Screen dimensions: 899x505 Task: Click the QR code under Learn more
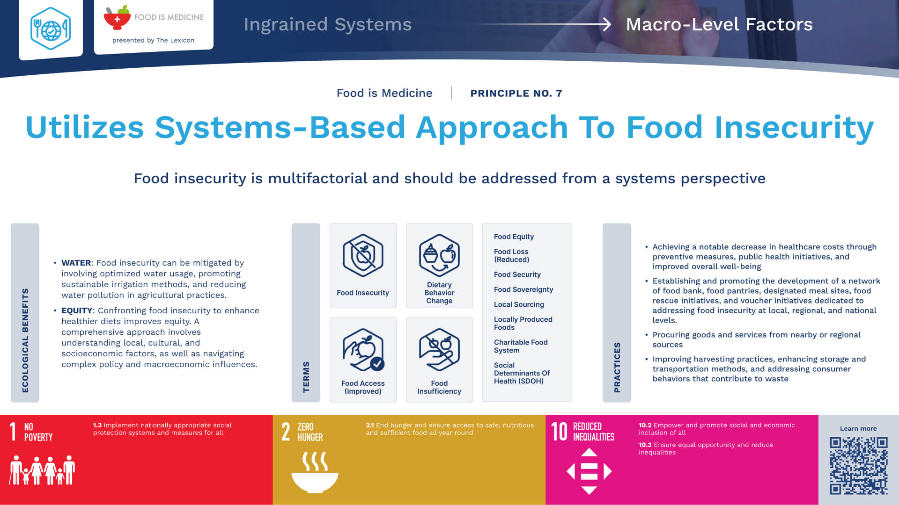(859, 466)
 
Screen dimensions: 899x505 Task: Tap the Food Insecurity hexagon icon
(363, 255)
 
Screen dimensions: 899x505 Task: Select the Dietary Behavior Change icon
(439, 255)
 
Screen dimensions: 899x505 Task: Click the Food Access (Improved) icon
(363, 350)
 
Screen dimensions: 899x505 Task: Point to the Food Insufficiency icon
(439, 350)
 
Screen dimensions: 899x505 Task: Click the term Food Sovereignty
(523, 289)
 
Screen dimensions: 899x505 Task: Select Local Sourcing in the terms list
(519, 304)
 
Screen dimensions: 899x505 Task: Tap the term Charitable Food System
(521, 346)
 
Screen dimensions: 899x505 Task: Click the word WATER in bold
(76, 263)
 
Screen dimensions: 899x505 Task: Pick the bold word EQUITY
(77, 310)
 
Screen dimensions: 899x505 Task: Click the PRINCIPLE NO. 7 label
(516, 93)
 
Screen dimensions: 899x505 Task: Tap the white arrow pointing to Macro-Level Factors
(543, 24)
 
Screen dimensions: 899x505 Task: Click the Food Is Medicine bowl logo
(117, 18)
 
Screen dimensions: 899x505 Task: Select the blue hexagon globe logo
(51, 29)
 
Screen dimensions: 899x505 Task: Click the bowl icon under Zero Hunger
(315, 472)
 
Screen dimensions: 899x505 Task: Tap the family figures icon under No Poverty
(42, 470)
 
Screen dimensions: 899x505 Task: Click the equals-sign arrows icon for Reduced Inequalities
(589, 471)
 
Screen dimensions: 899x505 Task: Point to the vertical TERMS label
(306, 377)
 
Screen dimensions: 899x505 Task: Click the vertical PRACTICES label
(617, 368)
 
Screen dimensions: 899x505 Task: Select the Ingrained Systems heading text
(328, 24)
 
